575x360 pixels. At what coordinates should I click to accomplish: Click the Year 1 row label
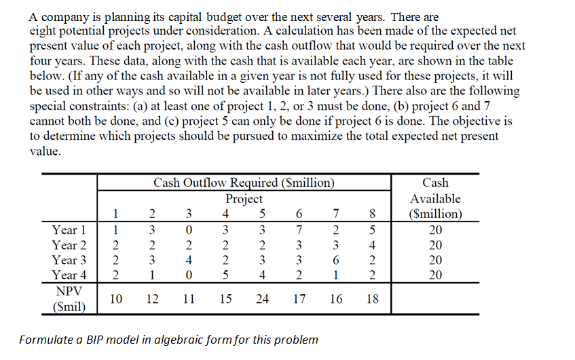click(69, 230)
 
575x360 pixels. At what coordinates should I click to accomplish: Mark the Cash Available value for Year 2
click(434, 245)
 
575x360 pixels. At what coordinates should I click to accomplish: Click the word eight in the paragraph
click(44, 32)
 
